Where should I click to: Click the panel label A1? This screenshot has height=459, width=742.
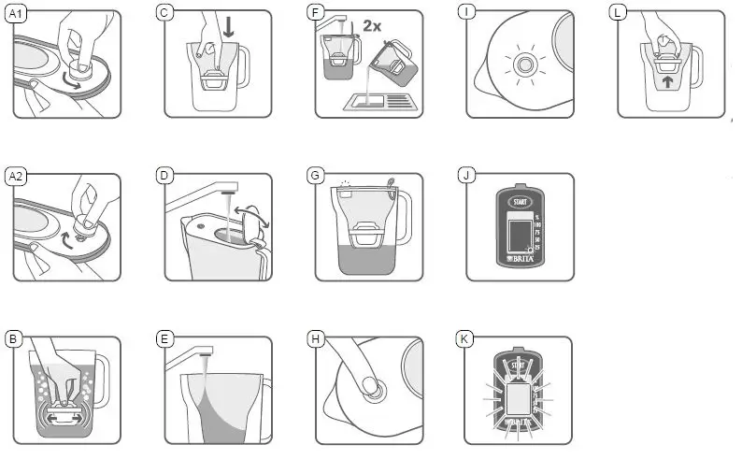tap(17, 12)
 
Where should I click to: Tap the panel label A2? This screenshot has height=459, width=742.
tap(17, 175)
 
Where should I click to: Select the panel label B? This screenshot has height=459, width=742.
tap(13, 338)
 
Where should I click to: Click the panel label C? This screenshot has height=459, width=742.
tap(164, 12)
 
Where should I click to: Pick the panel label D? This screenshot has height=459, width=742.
tap(164, 175)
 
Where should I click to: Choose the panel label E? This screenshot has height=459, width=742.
tap(164, 338)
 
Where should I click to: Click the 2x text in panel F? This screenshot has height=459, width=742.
tap(371, 25)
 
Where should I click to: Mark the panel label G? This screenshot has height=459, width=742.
tap(316, 175)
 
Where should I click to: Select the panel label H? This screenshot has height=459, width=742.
tap(316, 338)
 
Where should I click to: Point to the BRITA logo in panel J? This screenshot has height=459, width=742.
tap(520, 258)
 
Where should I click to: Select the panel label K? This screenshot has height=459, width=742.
tap(464, 338)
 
